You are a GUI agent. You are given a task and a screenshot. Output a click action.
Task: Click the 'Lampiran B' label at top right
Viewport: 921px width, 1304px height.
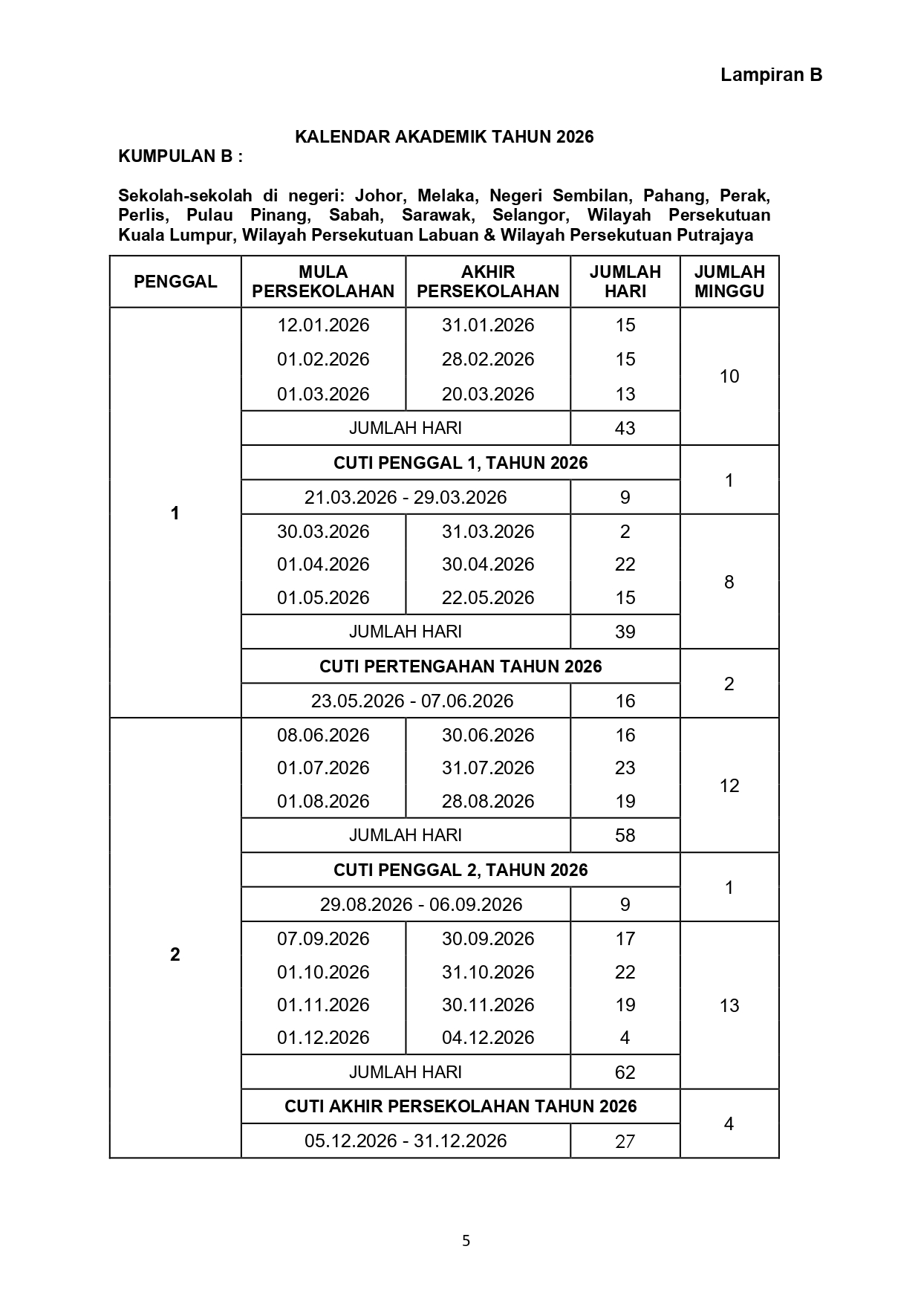point(771,75)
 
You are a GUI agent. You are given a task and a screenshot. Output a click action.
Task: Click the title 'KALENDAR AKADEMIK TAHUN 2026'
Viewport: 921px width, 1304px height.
point(444,137)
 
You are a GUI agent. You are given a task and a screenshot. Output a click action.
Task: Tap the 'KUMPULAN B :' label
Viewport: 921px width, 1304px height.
point(180,156)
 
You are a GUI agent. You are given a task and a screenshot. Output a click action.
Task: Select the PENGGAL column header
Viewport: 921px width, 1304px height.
point(175,282)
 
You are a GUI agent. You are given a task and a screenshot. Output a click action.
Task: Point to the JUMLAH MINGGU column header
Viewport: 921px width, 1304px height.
point(729,282)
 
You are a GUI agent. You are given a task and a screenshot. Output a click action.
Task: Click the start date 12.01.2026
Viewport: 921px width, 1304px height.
point(323,325)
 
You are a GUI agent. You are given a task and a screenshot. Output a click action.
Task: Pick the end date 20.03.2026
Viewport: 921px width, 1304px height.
point(488,394)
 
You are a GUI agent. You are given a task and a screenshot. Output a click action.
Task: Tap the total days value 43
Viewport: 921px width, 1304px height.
point(625,428)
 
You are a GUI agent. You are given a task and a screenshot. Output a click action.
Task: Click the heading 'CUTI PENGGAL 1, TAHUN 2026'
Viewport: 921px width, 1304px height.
point(460,463)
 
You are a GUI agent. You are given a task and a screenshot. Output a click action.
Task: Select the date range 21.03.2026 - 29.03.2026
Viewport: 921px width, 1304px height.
point(406,497)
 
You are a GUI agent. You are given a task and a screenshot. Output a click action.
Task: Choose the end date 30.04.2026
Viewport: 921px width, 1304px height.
point(488,565)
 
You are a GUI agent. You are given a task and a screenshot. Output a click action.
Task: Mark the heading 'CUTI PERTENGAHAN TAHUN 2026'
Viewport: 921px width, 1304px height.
point(460,666)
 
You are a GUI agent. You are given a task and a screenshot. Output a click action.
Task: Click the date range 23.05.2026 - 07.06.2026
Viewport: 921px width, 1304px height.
point(411,701)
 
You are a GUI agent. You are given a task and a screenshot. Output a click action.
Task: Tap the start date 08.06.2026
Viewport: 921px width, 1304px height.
point(323,735)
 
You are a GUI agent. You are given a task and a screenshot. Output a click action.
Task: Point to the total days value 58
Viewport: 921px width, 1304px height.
point(625,835)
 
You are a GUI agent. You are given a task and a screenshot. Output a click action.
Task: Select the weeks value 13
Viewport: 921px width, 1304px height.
point(729,1005)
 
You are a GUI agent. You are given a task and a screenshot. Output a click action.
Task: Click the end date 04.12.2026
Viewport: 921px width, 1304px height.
point(488,1038)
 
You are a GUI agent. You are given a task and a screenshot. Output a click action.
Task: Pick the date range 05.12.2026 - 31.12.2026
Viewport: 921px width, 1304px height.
point(406,1141)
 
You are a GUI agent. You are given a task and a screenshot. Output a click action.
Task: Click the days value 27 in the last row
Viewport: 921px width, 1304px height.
point(625,1141)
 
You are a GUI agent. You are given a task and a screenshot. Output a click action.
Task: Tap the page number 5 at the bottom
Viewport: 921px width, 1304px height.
point(466,1240)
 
